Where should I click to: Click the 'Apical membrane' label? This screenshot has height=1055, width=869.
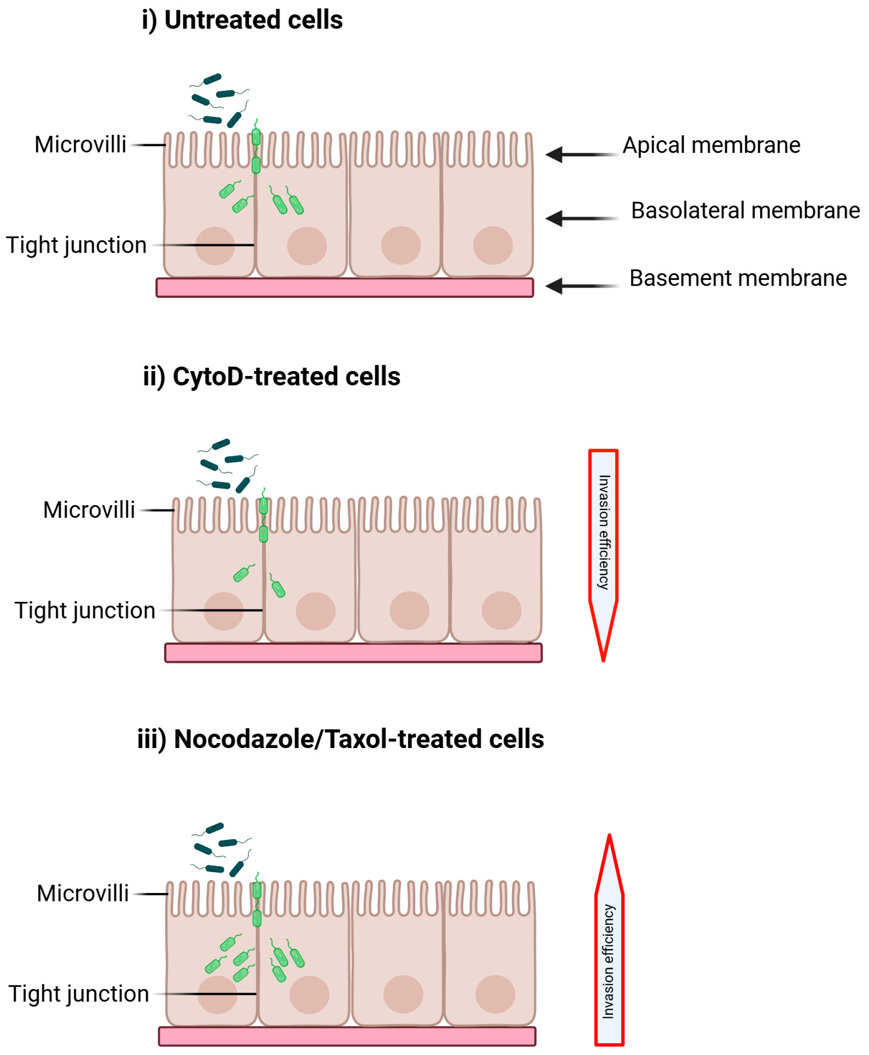[711, 146]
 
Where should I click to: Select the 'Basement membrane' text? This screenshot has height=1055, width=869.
[737, 278]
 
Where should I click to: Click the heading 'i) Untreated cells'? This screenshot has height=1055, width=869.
[242, 20]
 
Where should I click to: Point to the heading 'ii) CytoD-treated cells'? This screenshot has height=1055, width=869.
[271, 376]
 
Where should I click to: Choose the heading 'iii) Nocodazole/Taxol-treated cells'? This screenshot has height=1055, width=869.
[340, 739]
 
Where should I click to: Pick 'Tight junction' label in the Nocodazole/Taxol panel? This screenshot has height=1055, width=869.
[79, 994]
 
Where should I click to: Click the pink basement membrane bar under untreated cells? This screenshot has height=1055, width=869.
[344, 288]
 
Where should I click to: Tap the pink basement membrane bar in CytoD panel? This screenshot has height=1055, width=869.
[353, 653]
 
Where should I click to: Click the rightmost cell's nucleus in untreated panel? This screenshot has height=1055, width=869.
[493, 245]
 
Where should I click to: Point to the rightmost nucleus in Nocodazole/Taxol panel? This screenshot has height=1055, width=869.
[495, 994]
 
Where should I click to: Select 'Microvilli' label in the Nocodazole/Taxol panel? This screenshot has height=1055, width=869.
[83, 893]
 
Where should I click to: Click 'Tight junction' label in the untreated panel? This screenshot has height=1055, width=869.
[77, 245]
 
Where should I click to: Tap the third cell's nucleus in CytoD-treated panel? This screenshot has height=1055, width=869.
[409, 611]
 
